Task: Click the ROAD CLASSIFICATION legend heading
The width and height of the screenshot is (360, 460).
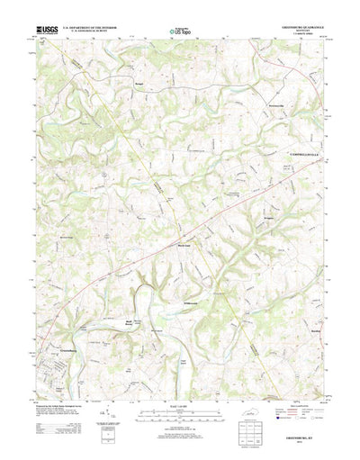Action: point(298,392)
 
